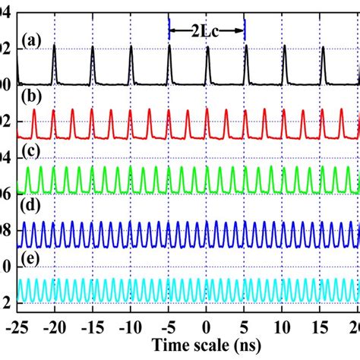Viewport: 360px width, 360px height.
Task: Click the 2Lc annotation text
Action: tap(207, 30)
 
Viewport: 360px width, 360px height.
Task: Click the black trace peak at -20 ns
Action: tap(55, 47)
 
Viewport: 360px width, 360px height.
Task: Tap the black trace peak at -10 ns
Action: tap(131, 47)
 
